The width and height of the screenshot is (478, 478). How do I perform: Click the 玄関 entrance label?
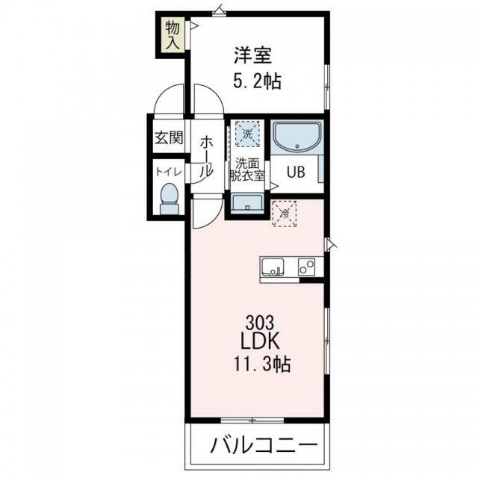[x=169, y=138]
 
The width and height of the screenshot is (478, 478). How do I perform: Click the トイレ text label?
[x=169, y=172]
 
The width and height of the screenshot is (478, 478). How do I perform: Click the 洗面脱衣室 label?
[x=247, y=170]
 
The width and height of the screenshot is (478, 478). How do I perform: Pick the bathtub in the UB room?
[x=296, y=137]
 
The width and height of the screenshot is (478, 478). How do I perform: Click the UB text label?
[x=297, y=172]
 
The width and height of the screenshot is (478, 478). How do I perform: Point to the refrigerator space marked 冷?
[x=285, y=213]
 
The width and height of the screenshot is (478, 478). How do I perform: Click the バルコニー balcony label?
[x=258, y=447]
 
